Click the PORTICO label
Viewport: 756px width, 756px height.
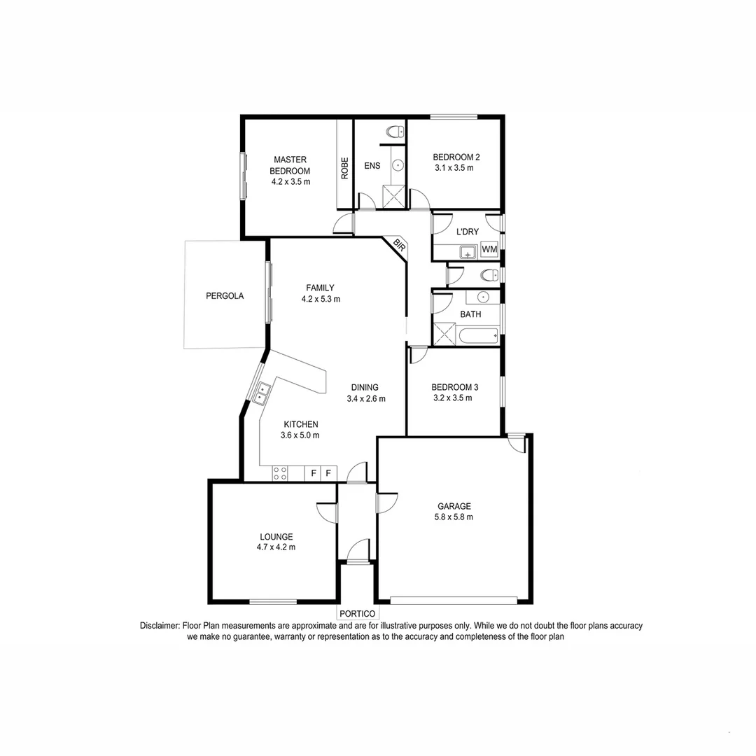[358, 614]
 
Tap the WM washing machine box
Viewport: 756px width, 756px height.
[489, 249]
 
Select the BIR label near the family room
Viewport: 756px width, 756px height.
[399, 245]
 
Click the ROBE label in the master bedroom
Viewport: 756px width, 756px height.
[344, 169]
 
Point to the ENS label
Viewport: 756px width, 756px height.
[372, 166]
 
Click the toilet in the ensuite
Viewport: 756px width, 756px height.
[395, 131]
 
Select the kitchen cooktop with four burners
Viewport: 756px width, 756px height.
[280, 473]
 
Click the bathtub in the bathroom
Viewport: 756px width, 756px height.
[479, 336]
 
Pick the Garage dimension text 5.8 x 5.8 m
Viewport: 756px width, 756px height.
[455, 517]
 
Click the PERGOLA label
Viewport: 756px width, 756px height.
[225, 296]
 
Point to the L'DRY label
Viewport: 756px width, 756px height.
[467, 232]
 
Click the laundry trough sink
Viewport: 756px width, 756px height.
[467, 252]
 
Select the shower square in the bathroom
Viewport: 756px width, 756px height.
[444, 334]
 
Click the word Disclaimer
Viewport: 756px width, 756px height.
[160, 626]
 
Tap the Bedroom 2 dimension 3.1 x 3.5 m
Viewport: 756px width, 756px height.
[454, 168]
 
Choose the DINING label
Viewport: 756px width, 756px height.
[365, 387]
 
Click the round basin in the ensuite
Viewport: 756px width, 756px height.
[398, 165]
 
